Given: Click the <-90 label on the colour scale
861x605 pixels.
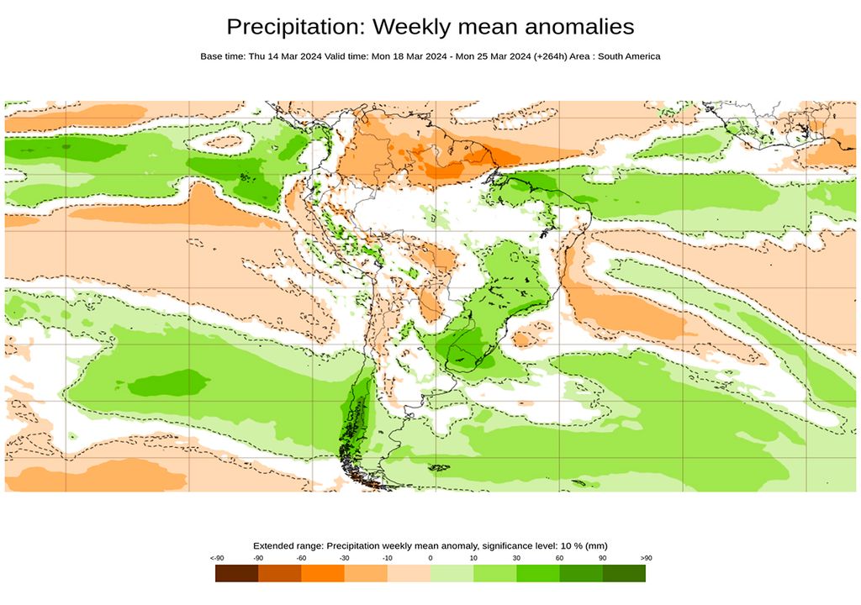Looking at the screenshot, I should point(216,558).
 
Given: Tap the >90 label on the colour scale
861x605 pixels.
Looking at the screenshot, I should point(645,558).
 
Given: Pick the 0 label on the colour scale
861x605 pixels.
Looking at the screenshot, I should point(430,558).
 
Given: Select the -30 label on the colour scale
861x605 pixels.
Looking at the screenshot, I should point(344,558).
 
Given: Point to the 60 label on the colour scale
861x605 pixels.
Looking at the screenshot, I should point(559,558).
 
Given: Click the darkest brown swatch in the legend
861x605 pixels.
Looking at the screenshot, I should point(236,573).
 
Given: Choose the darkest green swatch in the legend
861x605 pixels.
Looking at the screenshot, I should point(624,573).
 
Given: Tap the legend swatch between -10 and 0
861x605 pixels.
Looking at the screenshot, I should point(409,573).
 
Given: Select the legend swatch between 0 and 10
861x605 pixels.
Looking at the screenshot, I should point(452,573).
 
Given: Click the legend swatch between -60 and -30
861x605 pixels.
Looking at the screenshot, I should point(323,573).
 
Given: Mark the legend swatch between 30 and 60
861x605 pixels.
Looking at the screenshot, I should point(537,573).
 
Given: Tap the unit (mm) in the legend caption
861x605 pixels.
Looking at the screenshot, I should point(596,545).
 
